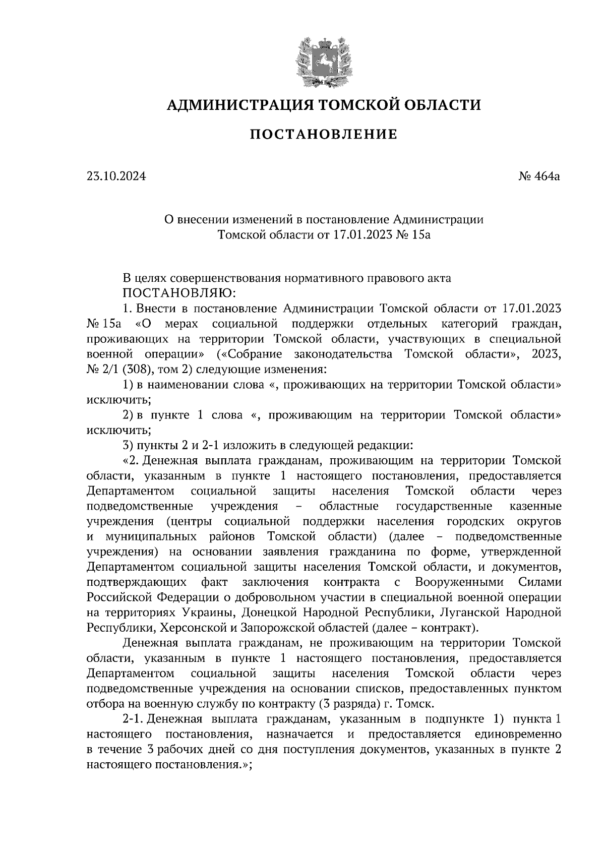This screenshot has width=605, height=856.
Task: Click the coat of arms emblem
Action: pos(323,62)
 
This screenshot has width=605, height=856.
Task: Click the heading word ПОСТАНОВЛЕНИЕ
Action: pos(324,135)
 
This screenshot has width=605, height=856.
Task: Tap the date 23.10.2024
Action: pos(116,176)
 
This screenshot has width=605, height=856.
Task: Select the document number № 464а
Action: pos(539,176)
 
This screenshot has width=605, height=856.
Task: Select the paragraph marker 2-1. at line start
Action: pos(134,719)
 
